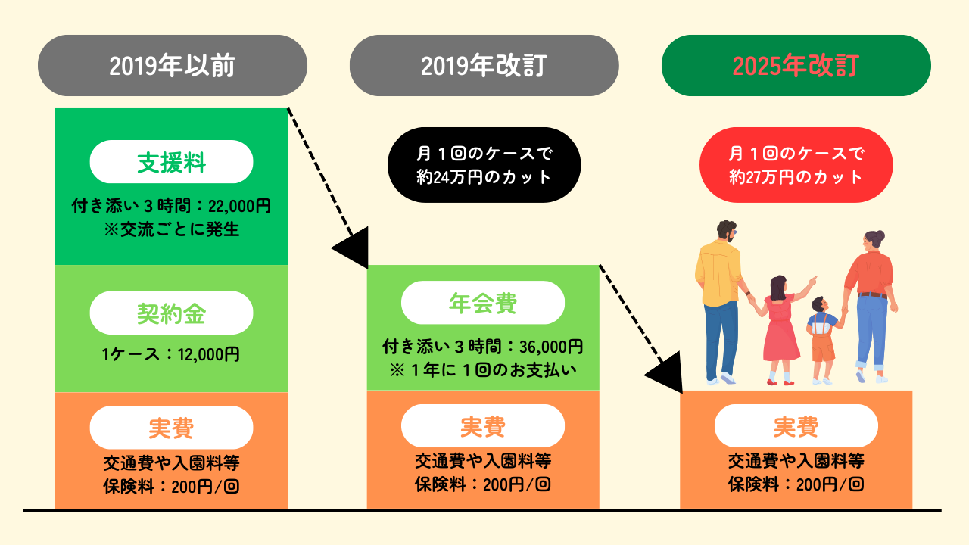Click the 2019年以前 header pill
tap(172, 66)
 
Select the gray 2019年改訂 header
tap(484, 66)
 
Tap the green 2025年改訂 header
tap(796, 66)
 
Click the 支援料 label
tap(171, 162)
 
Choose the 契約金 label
tap(171, 313)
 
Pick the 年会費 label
tap(482, 303)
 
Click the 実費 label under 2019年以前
tap(171, 428)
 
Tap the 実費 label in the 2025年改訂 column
tap(796, 426)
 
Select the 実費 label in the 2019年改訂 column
tap(482, 426)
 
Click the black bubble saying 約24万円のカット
tap(484, 165)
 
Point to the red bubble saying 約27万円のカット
tap(796, 165)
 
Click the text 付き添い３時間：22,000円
tap(171, 205)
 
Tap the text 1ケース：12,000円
tap(171, 353)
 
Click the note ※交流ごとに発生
tap(171, 229)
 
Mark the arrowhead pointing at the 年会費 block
tap(351, 250)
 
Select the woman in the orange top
tap(871, 295)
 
